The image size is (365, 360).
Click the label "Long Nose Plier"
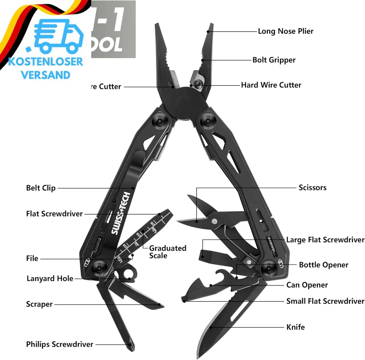tap(286, 31)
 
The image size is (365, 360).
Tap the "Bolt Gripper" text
tap(274, 60)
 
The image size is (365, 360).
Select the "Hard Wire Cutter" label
tap(271, 85)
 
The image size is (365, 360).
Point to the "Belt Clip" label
tap(41, 188)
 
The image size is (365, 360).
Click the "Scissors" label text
tap(312, 188)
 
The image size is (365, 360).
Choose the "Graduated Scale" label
tap(167, 252)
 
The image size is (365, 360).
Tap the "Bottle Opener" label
tap(323, 265)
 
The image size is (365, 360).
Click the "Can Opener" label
tap(307, 285)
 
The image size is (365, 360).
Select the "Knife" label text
tap(295, 327)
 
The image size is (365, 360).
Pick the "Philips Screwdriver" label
tap(59, 344)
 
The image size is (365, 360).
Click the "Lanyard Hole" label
tap(50, 278)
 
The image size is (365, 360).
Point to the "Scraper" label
tap(39, 304)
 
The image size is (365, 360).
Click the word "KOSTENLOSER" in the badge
tap(45, 62)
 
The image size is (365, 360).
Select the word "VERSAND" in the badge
tap(46, 74)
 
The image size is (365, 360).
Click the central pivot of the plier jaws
tap(183, 103)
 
